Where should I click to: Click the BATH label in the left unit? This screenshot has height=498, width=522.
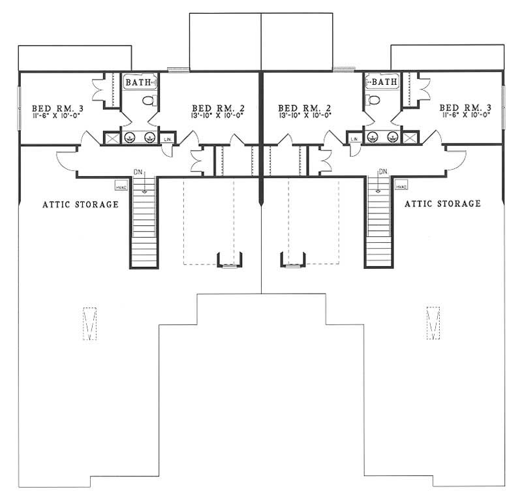coord(138,82)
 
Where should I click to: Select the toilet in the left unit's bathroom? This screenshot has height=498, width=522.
coord(150,100)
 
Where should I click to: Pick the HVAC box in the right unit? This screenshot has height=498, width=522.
coord(401,186)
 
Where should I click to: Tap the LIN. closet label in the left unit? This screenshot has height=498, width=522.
coord(168,139)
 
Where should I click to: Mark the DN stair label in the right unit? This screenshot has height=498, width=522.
coord(383,172)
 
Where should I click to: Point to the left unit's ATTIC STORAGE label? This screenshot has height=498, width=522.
coord(80,204)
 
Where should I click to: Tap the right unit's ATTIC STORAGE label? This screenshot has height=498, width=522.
coord(443,204)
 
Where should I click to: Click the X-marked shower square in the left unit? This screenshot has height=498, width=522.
coord(110,138)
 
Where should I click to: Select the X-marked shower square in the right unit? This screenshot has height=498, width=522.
coord(410,138)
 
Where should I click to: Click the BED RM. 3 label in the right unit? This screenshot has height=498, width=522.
coord(465,108)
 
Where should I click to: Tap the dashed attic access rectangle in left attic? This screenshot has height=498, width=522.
coord(91,322)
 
